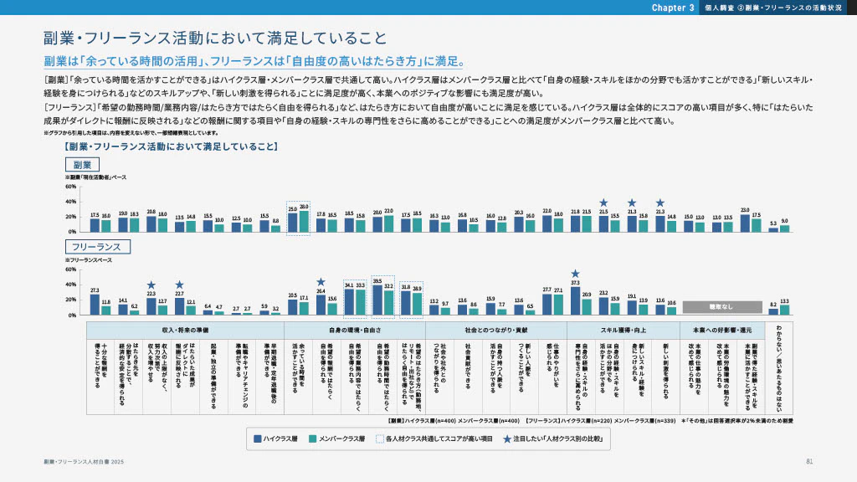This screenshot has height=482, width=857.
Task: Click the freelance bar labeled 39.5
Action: [x=377, y=300]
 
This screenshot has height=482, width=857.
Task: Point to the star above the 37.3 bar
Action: [x=576, y=274]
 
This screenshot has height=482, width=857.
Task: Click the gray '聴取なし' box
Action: [x=721, y=307]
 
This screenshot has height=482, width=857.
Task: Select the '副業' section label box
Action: [x=82, y=164]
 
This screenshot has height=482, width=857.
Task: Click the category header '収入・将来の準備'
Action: [x=185, y=330]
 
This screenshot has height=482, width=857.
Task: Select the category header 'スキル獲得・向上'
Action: [x=622, y=330]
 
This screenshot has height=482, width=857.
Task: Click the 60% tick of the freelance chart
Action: [x=70, y=269]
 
